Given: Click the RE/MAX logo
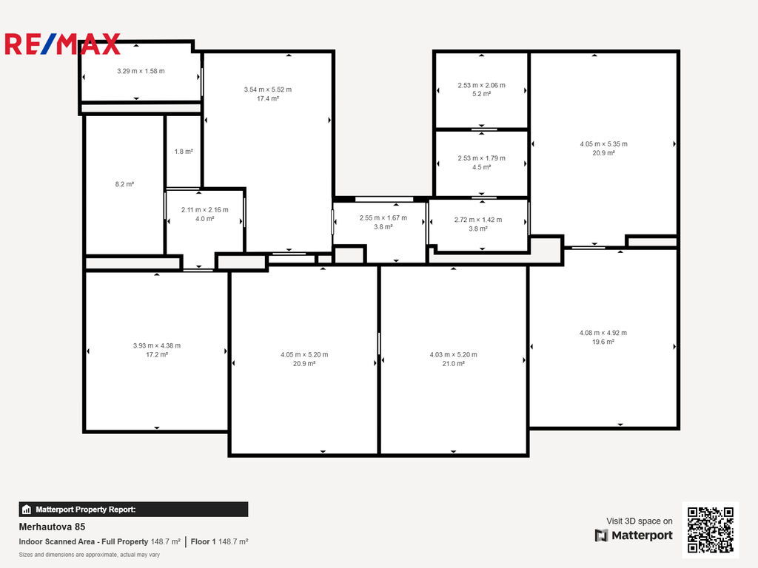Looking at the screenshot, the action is tap(62, 44).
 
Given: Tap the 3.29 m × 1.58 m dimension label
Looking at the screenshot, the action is tap(141, 71).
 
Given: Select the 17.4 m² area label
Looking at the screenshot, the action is tap(268, 98).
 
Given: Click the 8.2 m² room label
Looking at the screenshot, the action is tap(124, 184).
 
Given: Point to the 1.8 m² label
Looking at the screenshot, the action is tap(184, 152).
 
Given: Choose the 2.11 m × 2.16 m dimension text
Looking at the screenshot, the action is tap(205, 209).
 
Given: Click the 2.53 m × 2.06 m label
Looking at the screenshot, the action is tap(481, 85).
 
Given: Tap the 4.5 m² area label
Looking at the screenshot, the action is tap(481, 167).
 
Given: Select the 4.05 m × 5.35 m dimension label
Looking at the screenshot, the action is tap(604, 144).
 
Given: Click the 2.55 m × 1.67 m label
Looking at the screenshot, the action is tap(383, 218).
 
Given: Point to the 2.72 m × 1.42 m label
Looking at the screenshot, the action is tap(478, 220).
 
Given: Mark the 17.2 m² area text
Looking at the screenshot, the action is tap(157, 354).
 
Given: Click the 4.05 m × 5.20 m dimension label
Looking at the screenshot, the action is tap(304, 354).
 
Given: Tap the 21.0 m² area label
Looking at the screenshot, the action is tap(454, 364).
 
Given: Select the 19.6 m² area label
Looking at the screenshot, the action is tap(603, 342).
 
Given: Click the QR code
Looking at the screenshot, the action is tap(711, 530).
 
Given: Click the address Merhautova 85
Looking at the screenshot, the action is tap(52, 527).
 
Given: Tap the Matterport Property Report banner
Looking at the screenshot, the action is tap(133, 510).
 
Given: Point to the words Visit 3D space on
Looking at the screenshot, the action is tap(639, 521).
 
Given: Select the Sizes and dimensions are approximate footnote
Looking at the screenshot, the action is tap(90, 555).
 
